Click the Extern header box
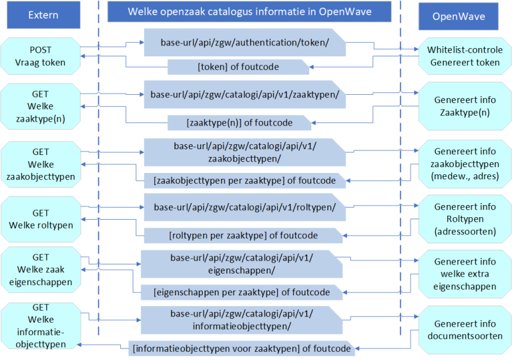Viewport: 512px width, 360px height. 43,15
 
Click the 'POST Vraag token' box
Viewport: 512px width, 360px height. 40,56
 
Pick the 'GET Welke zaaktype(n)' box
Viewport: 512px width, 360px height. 40,106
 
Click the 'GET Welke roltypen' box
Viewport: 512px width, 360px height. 40,219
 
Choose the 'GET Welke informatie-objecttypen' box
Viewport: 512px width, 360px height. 40,325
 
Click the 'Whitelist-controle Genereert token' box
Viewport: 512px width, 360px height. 465,56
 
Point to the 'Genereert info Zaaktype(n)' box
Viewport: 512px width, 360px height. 465,106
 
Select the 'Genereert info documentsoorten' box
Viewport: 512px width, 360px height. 465,329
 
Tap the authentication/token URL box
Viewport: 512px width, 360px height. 245,43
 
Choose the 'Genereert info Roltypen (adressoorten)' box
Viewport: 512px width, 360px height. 465,219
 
